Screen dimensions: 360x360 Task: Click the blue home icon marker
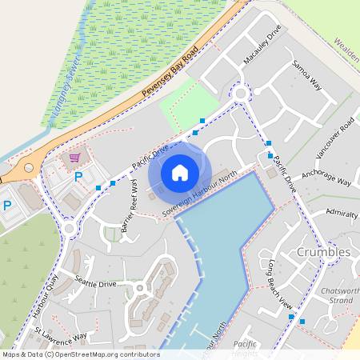pos(180,172)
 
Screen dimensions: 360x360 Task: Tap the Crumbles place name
pos(323,252)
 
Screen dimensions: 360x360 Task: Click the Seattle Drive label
pos(96,282)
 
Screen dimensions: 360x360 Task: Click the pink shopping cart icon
pos(75,158)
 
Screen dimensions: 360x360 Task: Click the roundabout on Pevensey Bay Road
pos(30,169)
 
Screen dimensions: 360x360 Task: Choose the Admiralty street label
pos(342,212)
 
